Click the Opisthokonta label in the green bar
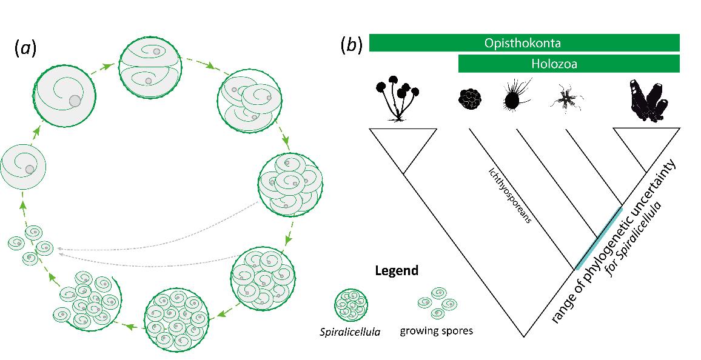pos(524,42)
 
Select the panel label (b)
pos(352,44)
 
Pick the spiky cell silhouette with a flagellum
pos(514,97)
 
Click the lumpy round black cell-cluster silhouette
pos(469,99)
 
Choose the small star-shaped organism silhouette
pos(567,100)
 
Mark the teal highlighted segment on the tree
pos(599,238)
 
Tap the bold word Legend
pos(397,270)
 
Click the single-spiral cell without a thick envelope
pos(23,166)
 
